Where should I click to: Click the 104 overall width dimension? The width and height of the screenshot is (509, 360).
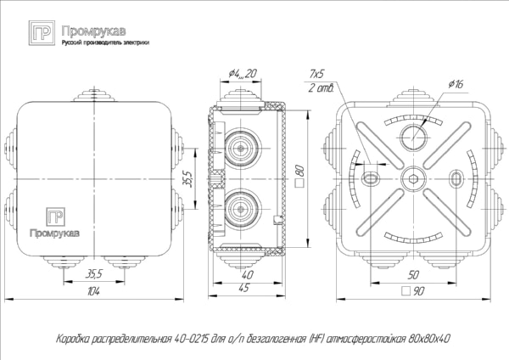[x=93, y=292]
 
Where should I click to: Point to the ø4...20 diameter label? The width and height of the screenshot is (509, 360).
[x=243, y=76]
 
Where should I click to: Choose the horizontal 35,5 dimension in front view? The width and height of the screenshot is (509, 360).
[x=95, y=273]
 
